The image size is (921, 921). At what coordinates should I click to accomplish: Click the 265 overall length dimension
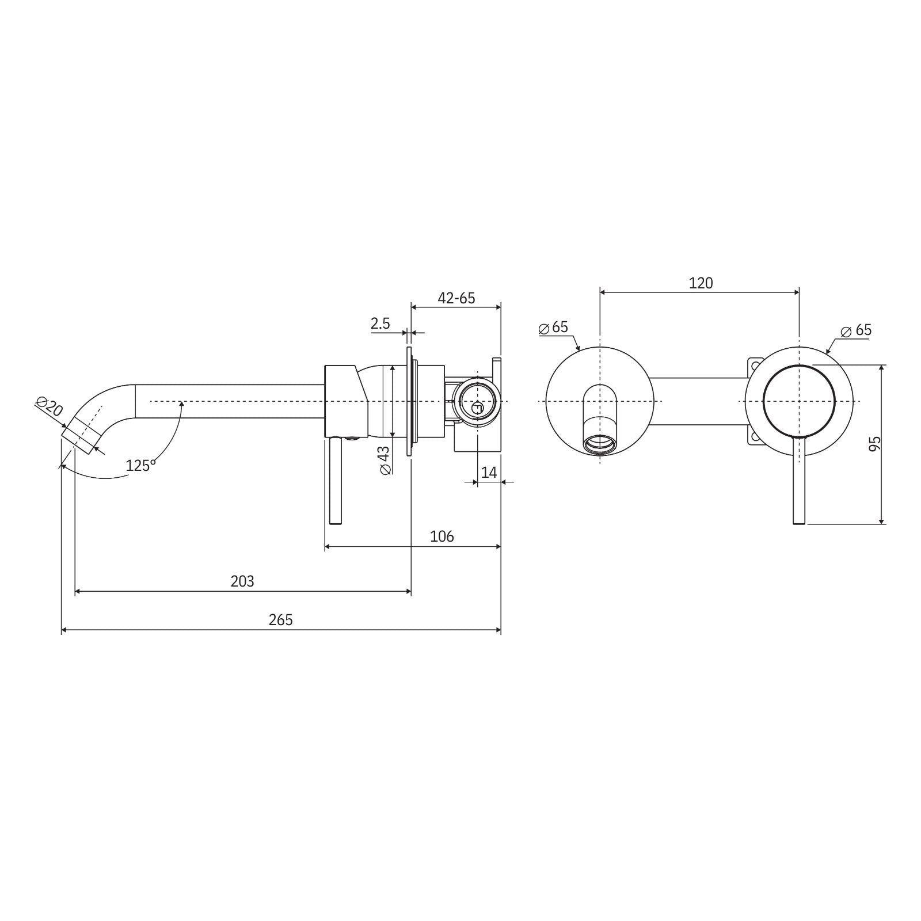[280, 620]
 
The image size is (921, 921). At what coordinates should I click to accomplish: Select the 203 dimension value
[242, 581]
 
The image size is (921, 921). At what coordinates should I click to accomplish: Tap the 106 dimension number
[442, 536]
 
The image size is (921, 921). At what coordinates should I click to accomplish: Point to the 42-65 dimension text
[456, 298]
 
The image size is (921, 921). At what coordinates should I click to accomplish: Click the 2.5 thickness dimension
[380, 324]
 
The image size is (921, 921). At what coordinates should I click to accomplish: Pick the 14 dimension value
[489, 473]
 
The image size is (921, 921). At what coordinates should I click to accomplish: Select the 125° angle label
[141, 465]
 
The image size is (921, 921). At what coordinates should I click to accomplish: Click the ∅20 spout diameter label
[50, 406]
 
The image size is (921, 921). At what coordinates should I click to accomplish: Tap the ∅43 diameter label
[385, 460]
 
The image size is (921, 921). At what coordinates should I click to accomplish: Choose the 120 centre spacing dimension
[701, 283]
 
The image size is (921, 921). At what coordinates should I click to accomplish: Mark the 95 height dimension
[874, 444]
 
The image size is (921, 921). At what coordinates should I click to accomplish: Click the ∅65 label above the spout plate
[554, 328]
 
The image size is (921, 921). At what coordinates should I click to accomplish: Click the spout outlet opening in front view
[600, 444]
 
